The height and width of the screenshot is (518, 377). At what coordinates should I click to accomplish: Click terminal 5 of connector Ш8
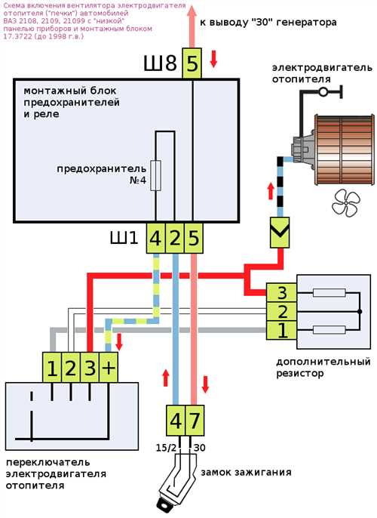click(192, 63)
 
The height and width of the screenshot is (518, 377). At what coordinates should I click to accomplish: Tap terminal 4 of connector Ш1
click(155, 238)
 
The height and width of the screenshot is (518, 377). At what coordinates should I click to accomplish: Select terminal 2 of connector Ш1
click(174, 238)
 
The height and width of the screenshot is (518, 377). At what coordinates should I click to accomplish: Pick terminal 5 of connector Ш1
click(193, 238)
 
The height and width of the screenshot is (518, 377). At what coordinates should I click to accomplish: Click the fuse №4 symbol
click(155, 175)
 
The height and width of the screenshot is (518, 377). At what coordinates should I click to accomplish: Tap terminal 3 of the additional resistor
click(282, 292)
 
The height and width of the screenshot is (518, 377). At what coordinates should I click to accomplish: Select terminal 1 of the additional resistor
click(282, 330)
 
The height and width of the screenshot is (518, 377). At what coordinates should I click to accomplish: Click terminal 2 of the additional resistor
click(282, 311)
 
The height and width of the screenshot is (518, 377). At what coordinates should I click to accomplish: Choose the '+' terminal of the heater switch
click(108, 367)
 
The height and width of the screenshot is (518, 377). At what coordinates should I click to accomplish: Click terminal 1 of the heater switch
click(52, 367)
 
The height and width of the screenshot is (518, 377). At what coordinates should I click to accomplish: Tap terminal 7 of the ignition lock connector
click(195, 420)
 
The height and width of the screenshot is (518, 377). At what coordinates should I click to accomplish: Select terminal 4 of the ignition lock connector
click(176, 420)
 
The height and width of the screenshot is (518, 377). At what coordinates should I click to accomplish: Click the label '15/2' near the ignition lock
click(166, 448)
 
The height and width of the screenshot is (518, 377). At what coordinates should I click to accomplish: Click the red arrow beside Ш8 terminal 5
click(213, 59)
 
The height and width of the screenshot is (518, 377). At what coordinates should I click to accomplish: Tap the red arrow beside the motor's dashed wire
click(271, 191)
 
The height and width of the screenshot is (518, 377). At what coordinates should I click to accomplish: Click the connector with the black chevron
click(280, 233)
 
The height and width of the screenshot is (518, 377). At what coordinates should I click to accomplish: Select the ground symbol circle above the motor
click(323, 92)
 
